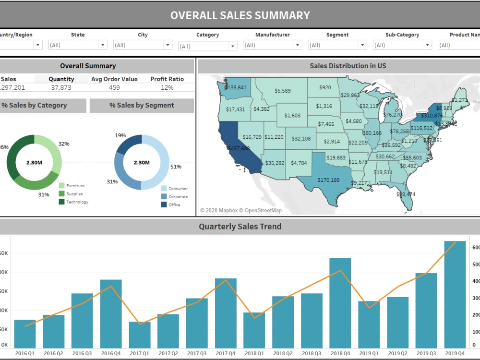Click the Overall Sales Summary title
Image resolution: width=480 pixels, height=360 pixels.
pos(240,15)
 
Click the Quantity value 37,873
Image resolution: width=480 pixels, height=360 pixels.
pos(61,87)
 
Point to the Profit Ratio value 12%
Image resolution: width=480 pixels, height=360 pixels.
pos(167,87)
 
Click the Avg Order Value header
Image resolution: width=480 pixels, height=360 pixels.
pos(114,79)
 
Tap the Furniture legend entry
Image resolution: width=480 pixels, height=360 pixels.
pos(75,186)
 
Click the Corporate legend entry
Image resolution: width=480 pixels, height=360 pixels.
pos(178,197)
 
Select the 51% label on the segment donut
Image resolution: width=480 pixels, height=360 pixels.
pos(176,167)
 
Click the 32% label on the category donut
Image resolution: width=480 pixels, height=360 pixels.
pos(64,144)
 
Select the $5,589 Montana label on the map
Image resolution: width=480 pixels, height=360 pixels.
pos(282,91)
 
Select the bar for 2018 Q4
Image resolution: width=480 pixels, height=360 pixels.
pos(340,303)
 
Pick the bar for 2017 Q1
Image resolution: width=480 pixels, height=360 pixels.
pos(140,335)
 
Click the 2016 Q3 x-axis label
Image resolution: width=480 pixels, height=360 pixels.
pos(82,353)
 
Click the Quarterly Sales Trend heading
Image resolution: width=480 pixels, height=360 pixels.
pos(240,227)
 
